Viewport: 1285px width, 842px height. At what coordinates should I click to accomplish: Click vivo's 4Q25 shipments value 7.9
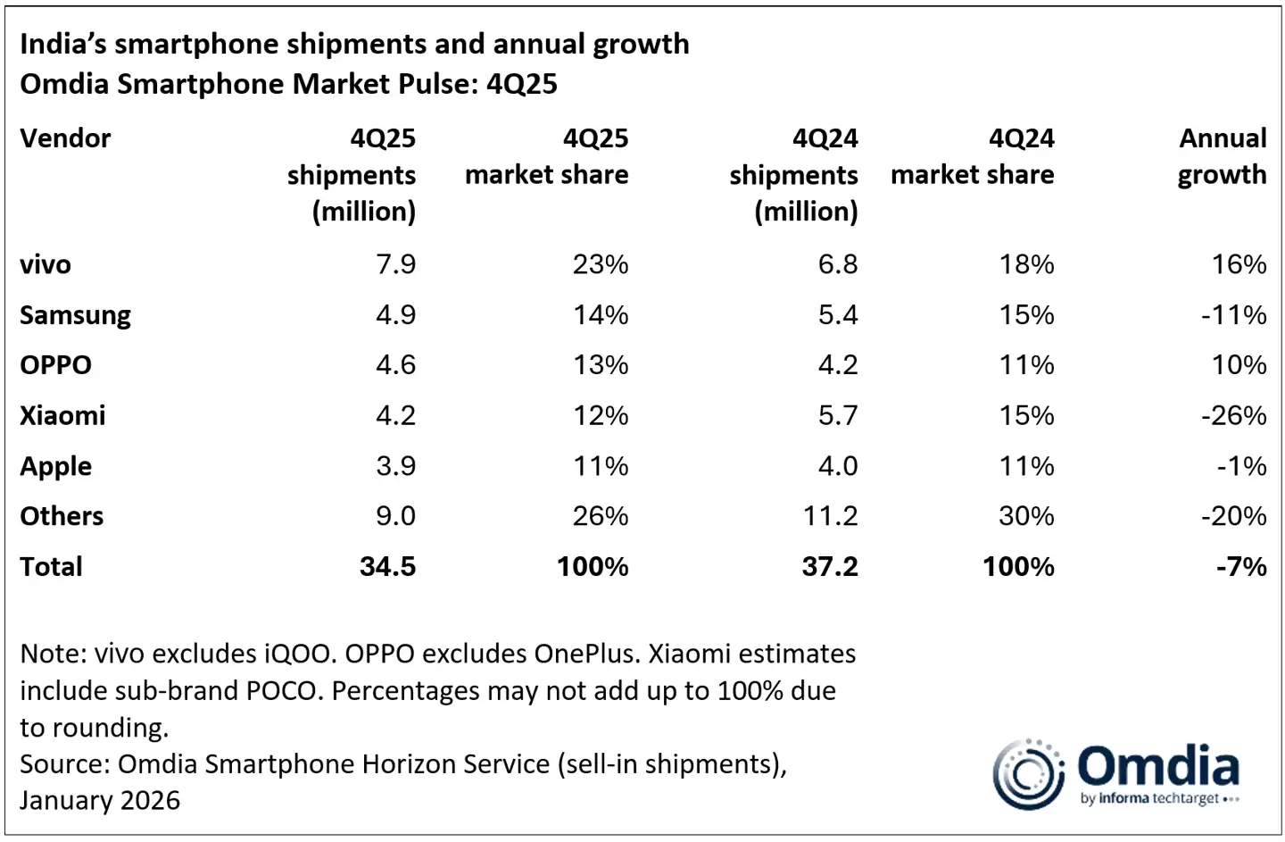tap(395, 264)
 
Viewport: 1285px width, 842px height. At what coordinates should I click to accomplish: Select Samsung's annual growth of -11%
tap(1233, 315)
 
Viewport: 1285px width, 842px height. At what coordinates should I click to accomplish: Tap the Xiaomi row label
tap(62, 416)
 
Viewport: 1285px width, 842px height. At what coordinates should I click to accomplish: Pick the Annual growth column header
tap(1222, 156)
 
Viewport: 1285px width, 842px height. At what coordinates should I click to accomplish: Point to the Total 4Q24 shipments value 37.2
tap(829, 567)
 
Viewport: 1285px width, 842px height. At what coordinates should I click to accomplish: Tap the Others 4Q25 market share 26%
tap(600, 516)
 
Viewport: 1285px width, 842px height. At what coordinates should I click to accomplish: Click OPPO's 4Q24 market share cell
tap(1026, 365)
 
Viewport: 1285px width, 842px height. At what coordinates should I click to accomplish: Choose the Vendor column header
tap(65, 138)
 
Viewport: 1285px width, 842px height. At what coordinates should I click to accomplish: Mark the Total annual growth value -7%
tap(1240, 567)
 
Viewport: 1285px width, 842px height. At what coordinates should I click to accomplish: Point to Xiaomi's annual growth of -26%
tap(1233, 416)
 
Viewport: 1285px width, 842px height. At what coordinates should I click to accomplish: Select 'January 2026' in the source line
tap(100, 800)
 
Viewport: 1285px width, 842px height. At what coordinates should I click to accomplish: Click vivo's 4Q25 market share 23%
tap(600, 264)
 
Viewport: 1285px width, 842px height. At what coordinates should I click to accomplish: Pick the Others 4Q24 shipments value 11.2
tap(830, 516)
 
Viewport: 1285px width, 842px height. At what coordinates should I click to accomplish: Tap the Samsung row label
tap(75, 315)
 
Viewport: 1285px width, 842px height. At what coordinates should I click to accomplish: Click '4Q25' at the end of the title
tap(521, 84)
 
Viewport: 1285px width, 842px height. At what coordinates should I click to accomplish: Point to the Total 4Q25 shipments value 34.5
tap(387, 567)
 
